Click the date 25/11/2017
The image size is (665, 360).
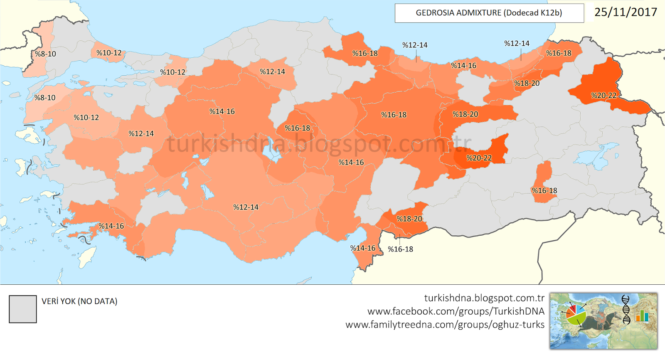pos(626,12)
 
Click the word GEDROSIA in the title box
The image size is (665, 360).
pos(435,13)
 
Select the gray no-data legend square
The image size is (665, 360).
pos(23,309)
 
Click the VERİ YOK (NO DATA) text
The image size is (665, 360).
pos(79,301)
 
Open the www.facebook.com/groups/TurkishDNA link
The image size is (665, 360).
pos(456,311)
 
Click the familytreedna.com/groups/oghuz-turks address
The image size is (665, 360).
pos(445,325)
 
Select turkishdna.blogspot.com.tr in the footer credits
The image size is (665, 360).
pos(484,298)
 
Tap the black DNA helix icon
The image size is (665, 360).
pos(626,310)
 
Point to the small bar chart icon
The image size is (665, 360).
pos(642,316)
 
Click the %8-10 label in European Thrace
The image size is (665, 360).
pos(45,54)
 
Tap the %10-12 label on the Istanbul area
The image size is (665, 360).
pos(109,53)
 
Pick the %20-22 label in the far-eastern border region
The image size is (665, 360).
pos(603,96)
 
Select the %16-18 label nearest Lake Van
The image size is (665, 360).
pos(544,191)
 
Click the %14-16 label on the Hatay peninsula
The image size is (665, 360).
pos(362,248)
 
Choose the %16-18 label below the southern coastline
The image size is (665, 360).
pos(400,249)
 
